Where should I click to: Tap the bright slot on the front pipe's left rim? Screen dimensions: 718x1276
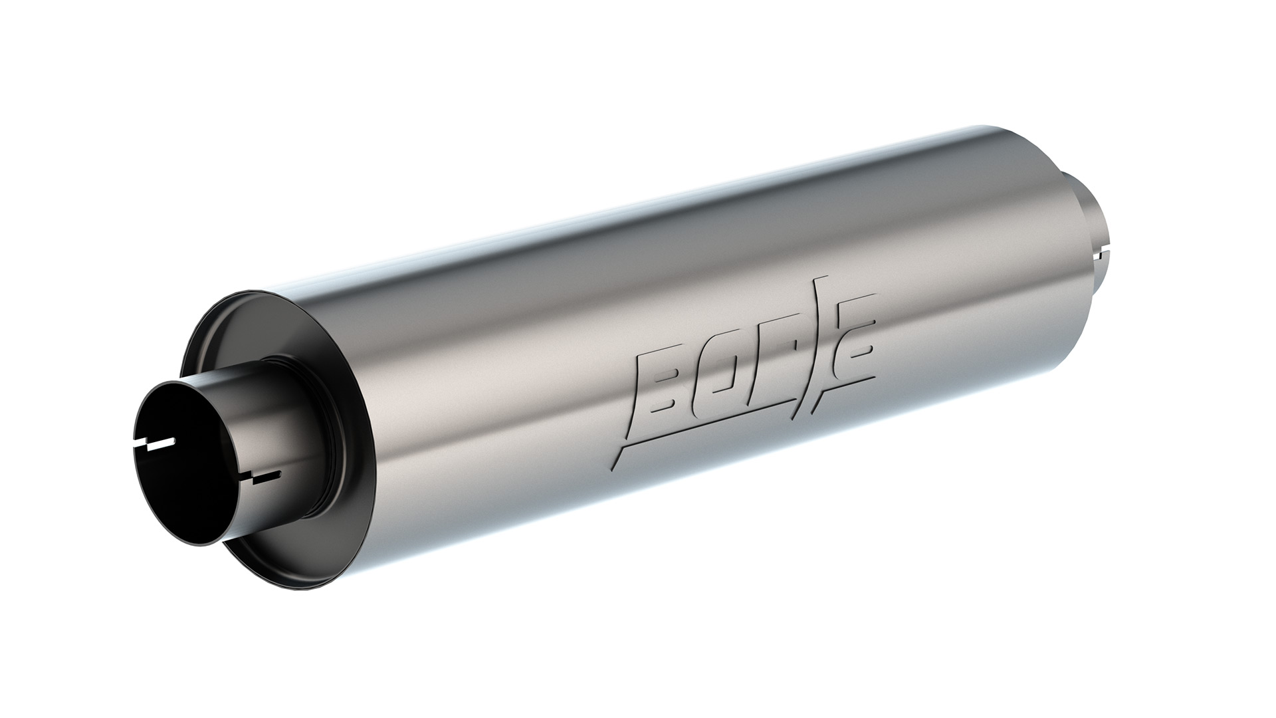159,447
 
